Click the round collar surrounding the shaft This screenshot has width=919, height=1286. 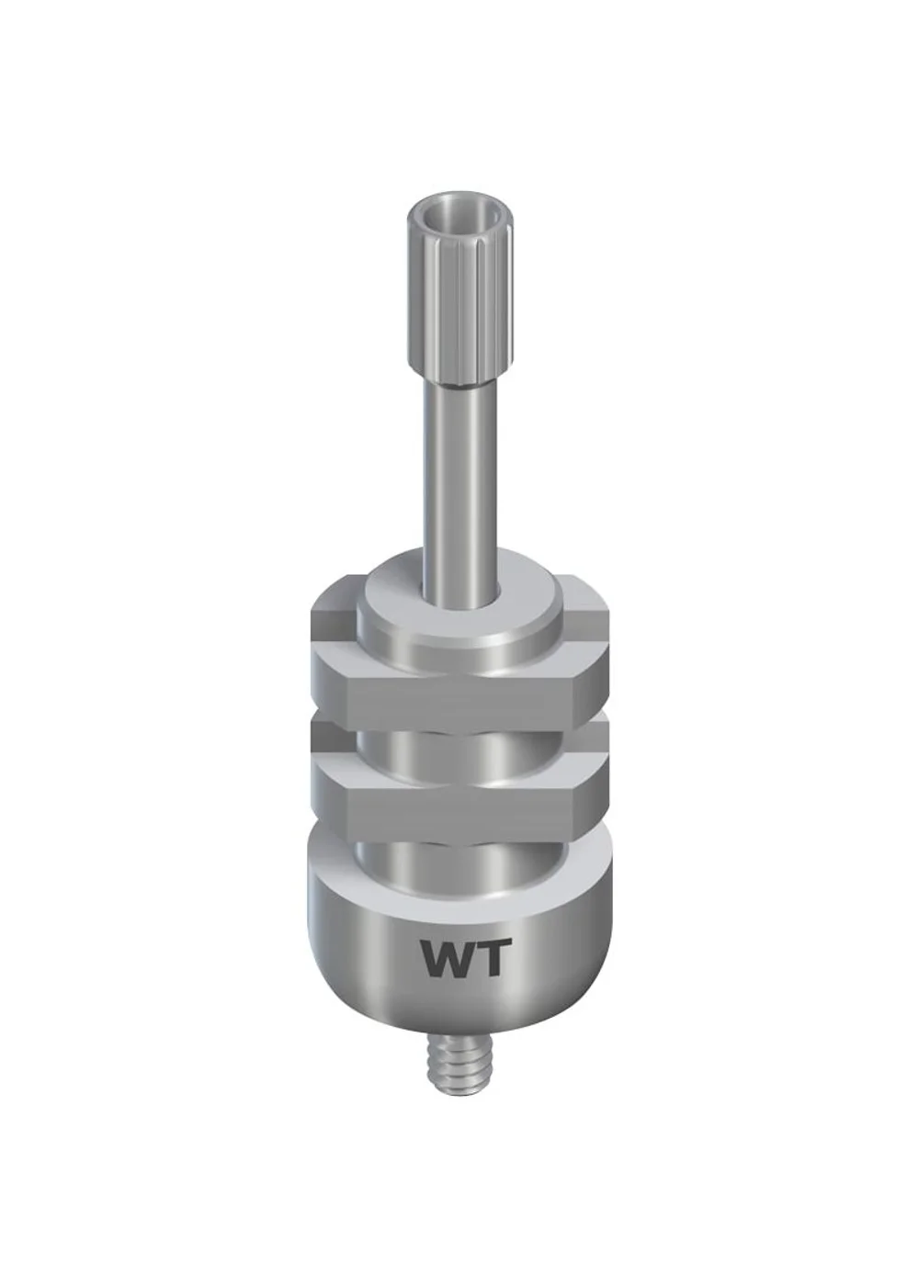click(458, 617)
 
